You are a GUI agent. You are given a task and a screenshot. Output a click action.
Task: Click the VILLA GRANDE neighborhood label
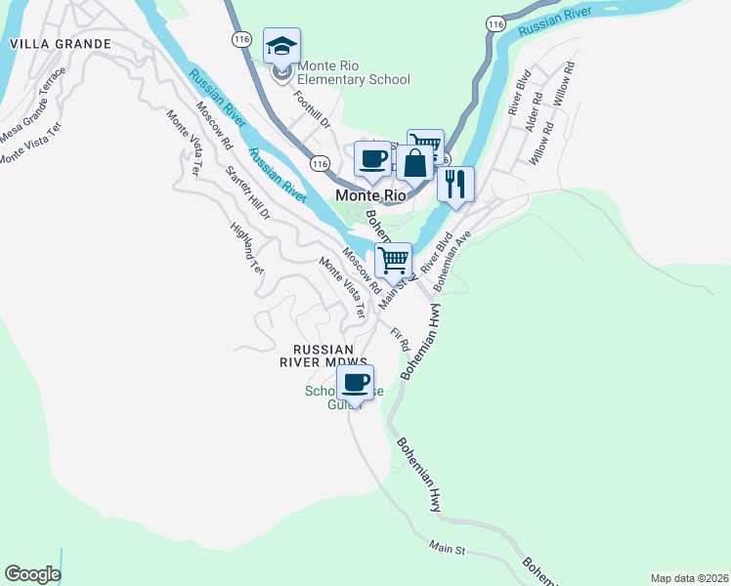click(60, 45)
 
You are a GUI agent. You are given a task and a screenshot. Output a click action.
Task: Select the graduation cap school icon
click(281, 46)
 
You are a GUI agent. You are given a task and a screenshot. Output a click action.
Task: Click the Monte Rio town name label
click(369, 195)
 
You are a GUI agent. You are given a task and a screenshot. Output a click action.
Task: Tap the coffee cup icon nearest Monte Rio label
click(370, 158)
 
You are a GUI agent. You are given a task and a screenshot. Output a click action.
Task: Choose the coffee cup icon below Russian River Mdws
click(355, 382)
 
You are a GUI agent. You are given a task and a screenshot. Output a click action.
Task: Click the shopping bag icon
click(414, 162)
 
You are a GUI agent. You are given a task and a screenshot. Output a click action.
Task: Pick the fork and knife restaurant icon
click(454, 184)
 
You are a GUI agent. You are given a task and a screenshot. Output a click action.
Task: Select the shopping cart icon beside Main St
click(393, 261)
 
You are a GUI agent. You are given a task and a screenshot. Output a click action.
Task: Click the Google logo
click(32, 574)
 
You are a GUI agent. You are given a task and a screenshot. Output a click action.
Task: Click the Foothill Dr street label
click(313, 110)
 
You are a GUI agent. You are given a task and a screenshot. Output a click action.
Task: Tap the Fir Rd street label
click(399, 340)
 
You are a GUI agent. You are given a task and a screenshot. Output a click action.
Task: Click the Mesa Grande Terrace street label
click(33, 103)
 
